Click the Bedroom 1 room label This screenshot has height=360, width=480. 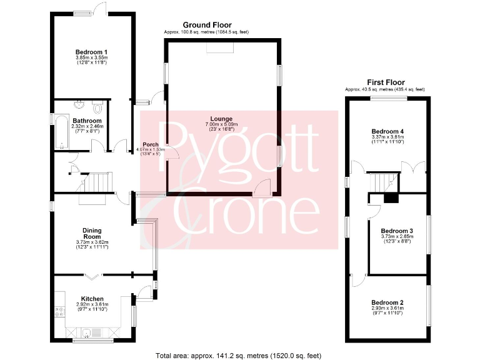(92, 52)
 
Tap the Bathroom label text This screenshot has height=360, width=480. (87, 121)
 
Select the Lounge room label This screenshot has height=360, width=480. (221, 119)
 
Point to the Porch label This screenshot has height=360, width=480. (151, 144)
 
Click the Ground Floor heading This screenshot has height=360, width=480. (202, 25)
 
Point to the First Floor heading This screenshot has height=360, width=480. (386, 82)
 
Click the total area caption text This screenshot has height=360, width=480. (239, 354)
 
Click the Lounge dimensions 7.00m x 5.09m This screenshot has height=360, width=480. (221, 125)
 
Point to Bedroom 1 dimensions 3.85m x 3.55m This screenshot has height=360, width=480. (92, 59)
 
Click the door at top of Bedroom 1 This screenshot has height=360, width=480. (99, 8)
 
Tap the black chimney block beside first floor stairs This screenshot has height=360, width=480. (391, 199)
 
